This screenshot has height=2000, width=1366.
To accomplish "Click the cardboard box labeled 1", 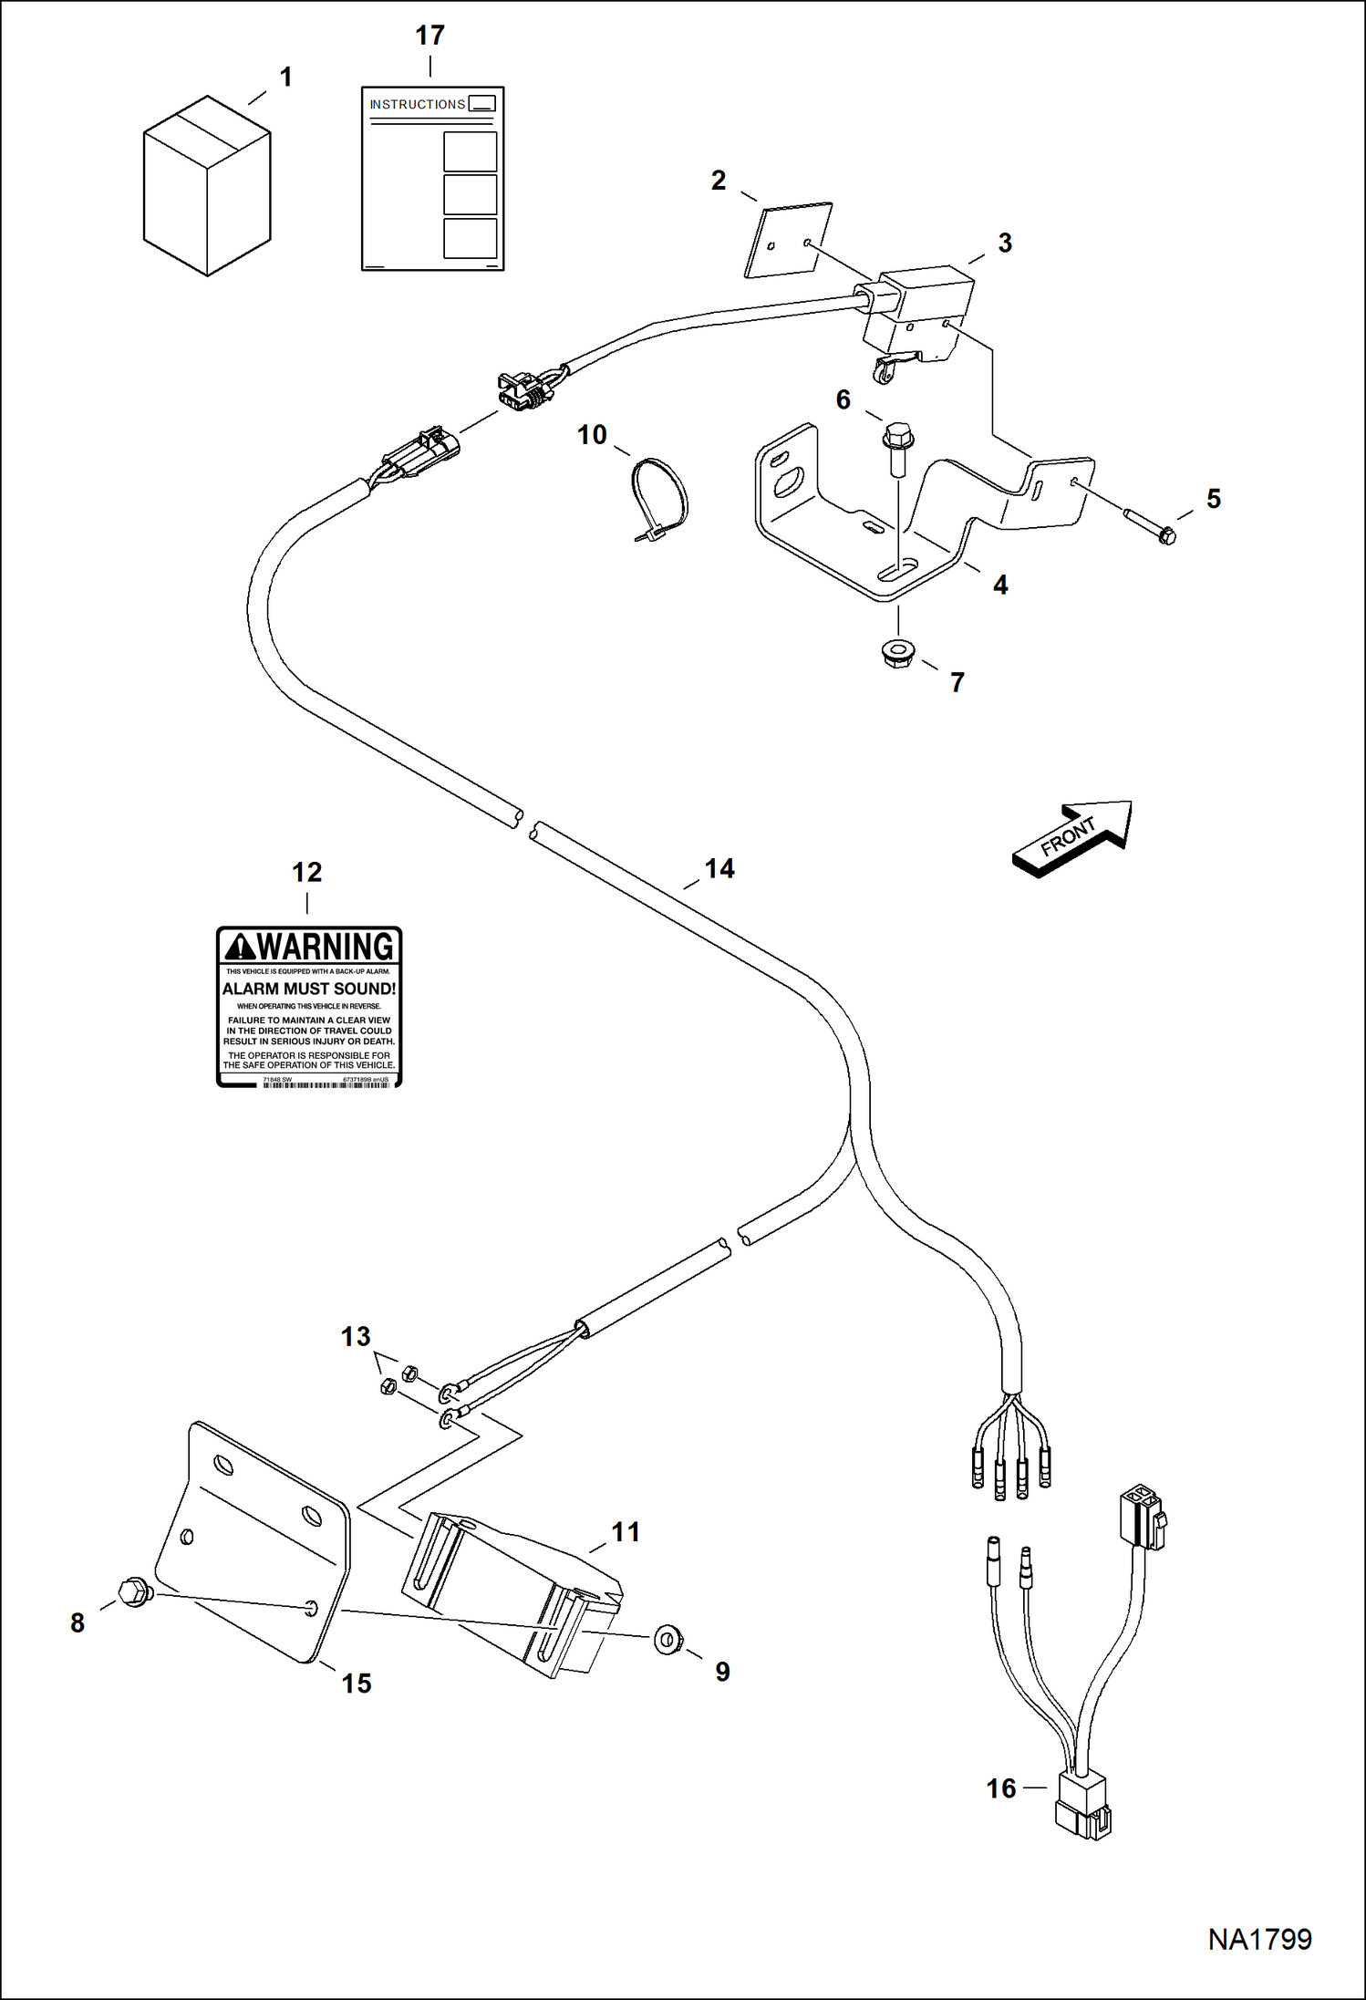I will pyautogui.click(x=207, y=187).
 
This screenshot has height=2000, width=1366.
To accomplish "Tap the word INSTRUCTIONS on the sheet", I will pyautogui.click(x=417, y=105).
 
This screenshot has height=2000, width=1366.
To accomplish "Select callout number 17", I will pyautogui.click(x=429, y=36).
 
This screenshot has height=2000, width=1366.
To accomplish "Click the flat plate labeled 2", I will pyautogui.click(x=789, y=240).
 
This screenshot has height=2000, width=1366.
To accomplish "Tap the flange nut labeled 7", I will pyautogui.click(x=898, y=652).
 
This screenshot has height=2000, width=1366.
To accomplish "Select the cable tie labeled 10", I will pyautogui.click(x=660, y=500).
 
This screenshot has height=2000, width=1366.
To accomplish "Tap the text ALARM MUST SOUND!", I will pyautogui.click(x=309, y=989).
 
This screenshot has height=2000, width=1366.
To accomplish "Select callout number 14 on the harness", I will pyautogui.click(x=719, y=868).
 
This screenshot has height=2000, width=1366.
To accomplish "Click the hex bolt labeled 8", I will pyautogui.click(x=135, y=1591).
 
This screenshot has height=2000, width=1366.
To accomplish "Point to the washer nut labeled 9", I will pyautogui.click(x=668, y=1640).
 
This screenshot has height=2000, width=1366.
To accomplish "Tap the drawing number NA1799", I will pyautogui.click(x=1259, y=1939).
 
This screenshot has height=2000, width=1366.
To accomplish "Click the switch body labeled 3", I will pyautogui.click(x=919, y=310).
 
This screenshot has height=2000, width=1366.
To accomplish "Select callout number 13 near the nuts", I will pyautogui.click(x=355, y=1337).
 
